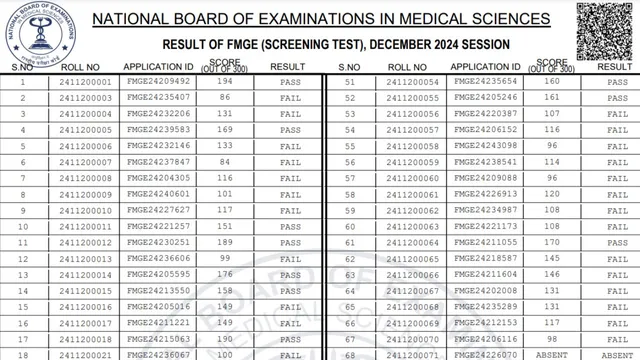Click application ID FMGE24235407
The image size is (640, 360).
pyautogui.click(x=158, y=97)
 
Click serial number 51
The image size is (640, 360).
pyautogui.click(x=350, y=81)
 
